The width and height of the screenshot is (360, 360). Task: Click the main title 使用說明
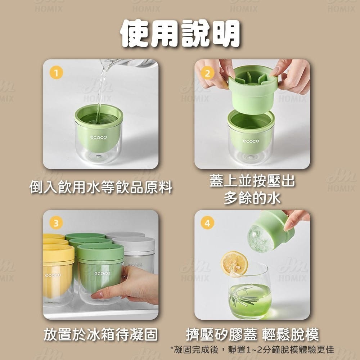click(x=180, y=35)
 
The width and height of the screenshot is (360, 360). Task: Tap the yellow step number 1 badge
click(x=55, y=73)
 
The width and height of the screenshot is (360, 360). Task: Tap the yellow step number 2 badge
click(x=207, y=73)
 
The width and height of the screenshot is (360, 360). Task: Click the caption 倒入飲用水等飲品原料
click(x=101, y=188)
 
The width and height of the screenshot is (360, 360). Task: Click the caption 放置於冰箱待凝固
click(x=101, y=335)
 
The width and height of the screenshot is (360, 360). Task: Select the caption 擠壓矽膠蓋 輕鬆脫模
click(x=252, y=335)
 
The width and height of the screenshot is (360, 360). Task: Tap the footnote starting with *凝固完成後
click(x=252, y=350)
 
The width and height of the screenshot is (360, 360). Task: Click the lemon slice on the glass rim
click(x=234, y=264)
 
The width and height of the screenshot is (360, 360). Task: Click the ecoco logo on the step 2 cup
click(x=251, y=141)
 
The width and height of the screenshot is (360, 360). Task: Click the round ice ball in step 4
click(x=260, y=238)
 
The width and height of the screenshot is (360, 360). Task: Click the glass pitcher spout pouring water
click(x=108, y=65)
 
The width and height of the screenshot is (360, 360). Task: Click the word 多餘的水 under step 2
click(x=252, y=198)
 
